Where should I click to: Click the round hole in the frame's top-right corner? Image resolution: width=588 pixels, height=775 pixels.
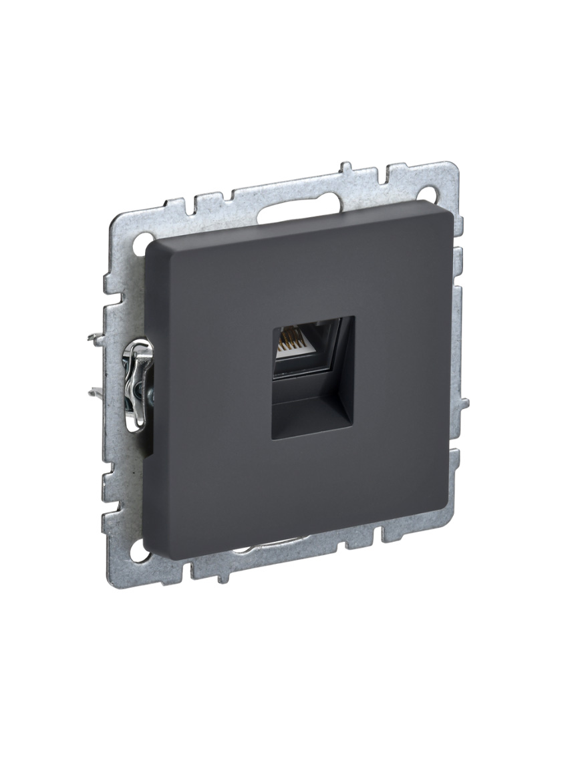[x=432, y=194]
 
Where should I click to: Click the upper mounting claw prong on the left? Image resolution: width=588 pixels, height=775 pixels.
[x=97, y=338]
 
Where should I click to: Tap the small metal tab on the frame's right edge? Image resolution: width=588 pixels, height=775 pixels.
[x=463, y=404]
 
